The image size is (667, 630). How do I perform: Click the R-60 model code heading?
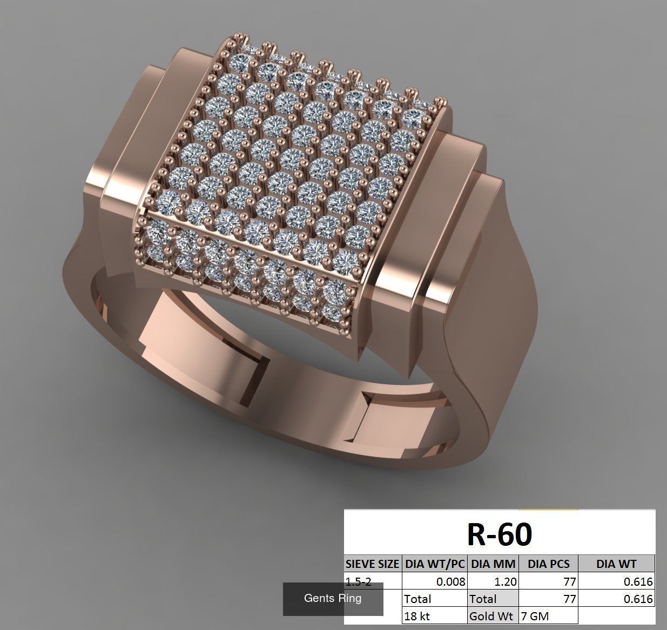500,534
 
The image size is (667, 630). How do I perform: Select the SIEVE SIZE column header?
373,564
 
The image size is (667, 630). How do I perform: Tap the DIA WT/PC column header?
435,564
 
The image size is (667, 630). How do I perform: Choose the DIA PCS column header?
548,564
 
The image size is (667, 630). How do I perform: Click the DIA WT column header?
616,564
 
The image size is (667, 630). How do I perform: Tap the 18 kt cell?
417,616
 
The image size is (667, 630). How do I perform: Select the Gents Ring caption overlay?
333,598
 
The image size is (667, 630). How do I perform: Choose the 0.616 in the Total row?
638,599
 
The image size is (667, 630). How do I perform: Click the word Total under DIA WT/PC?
418,599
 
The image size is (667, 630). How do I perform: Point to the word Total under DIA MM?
483,599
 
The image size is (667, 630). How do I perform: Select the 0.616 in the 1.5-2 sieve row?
638,582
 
